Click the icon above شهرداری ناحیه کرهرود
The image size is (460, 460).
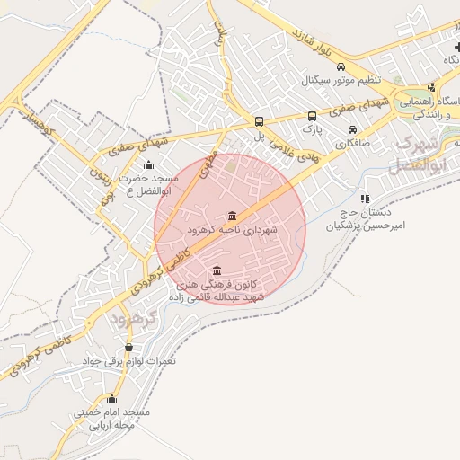click(x=234, y=216)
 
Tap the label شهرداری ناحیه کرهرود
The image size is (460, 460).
click(x=233, y=231)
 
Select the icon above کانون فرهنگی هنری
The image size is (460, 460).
click(x=216, y=270)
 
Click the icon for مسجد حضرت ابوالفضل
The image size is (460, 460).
click(x=148, y=164)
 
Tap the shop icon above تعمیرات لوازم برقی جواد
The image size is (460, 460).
click(x=129, y=347)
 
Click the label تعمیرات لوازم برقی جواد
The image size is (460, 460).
click(x=130, y=361)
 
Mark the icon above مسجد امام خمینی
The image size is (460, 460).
click(x=111, y=398)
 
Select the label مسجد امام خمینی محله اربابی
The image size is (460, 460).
click(x=111, y=419)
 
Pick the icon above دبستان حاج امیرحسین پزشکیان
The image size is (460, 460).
click(x=364, y=199)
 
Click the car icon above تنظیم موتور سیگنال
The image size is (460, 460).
click(x=341, y=66)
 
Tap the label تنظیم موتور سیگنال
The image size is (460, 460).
click(x=341, y=80)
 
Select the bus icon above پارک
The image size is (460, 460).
click(x=312, y=116)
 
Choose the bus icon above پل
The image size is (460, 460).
click(x=259, y=121)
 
